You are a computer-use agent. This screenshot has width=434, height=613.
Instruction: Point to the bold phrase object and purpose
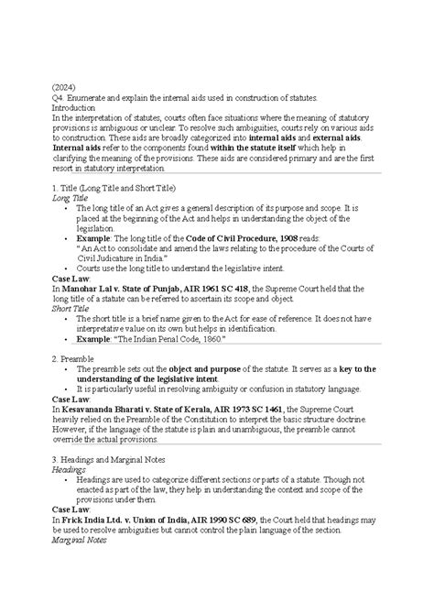(226, 369)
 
